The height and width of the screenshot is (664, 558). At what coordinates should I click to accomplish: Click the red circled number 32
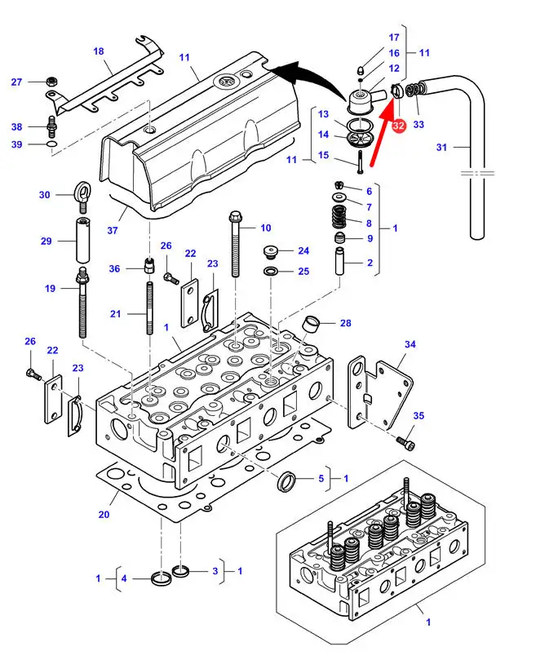[x=398, y=126]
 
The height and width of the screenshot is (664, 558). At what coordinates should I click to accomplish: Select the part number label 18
[x=99, y=51]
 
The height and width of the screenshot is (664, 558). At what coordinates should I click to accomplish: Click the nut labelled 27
[x=51, y=82]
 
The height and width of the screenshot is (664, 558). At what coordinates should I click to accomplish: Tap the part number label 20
[x=104, y=515]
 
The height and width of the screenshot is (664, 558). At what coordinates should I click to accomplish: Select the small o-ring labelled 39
[x=51, y=145]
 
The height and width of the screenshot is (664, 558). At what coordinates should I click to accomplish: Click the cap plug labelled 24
[x=270, y=250]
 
